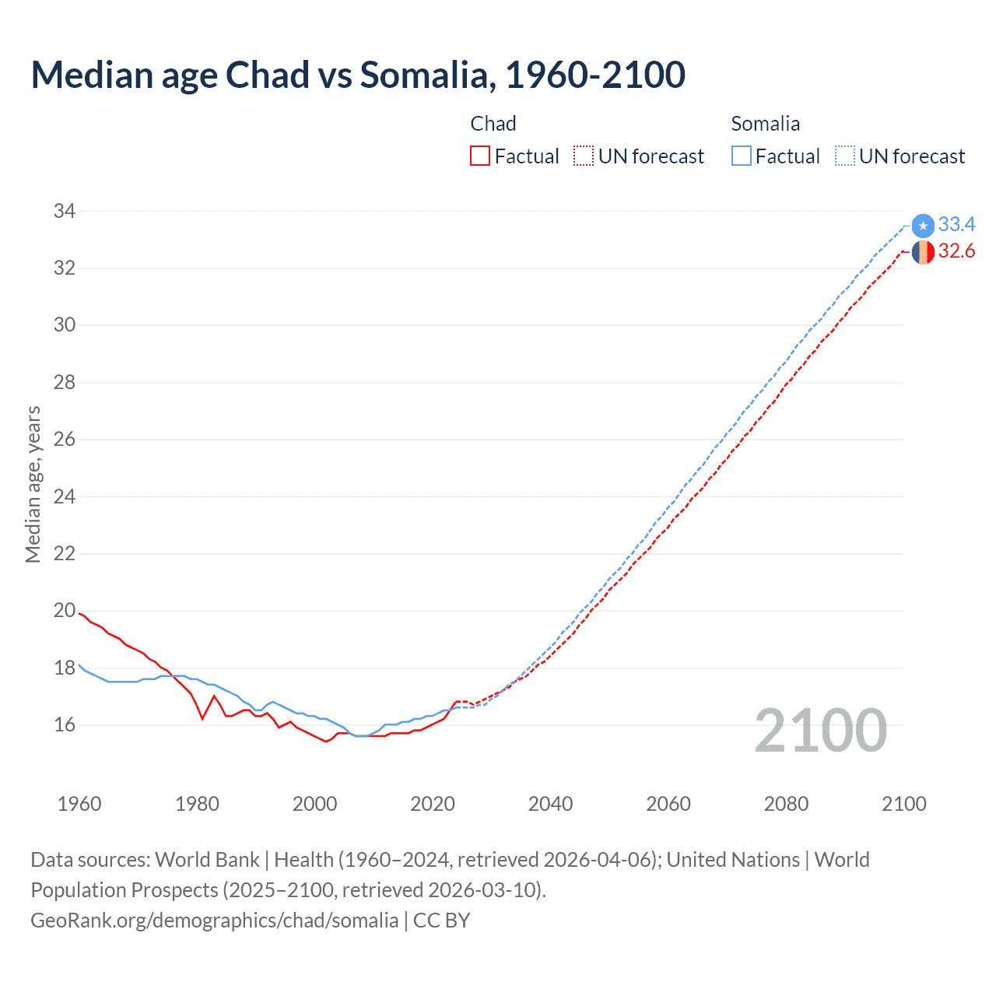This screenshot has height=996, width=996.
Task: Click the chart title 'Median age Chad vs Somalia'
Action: pyautogui.click(x=358, y=75)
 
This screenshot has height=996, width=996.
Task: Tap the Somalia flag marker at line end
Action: pyautogui.click(x=923, y=226)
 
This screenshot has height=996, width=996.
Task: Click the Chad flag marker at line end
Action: pyautogui.click(x=923, y=252)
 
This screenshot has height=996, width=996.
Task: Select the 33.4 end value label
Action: pyautogui.click(x=956, y=225)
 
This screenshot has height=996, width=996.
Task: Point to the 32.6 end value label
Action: pyautogui.click(x=956, y=251)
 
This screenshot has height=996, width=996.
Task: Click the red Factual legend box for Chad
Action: pyautogui.click(x=480, y=156)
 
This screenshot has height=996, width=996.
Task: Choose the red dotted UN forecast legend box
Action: pyautogui.click(x=584, y=156)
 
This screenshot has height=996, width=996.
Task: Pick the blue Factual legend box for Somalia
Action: pyautogui.click(x=742, y=156)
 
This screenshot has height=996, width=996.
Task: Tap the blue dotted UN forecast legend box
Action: pyautogui.click(x=844, y=156)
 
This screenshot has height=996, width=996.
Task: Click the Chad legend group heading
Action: pyautogui.click(x=493, y=124)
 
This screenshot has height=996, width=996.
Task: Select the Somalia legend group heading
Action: pyautogui.click(x=766, y=124)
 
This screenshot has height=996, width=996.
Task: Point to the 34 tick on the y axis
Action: pyautogui.click(x=65, y=211)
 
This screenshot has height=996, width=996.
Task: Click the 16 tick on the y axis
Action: pyautogui.click(x=65, y=725)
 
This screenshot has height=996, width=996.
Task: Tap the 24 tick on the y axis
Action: pyautogui.click(x=65, y=496)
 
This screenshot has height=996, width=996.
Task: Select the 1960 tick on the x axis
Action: pyautogui.click(x=79, y=804)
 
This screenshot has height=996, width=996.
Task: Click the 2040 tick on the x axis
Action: pyautogui.click(x=550, y=804)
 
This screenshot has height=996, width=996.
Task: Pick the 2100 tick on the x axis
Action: pyautogui.click(x=903, y=804)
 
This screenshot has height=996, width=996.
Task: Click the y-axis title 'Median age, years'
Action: pyautogui.click(x=33, y=484)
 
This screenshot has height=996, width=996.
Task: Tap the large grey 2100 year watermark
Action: pyautogui.click(x=820, y=730)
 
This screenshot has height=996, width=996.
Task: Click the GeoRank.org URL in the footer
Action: pyautogui.click(x=214, y=921)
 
